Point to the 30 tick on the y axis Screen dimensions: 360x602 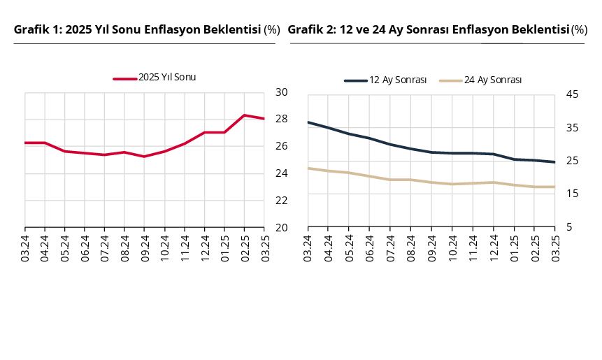click(x=282, y=92)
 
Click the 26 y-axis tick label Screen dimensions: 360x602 click(x=282, y=146)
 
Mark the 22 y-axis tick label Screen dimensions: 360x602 click(x=282, y=201)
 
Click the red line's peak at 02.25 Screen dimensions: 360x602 click(x=244, y=115)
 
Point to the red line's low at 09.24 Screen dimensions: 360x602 click(x=144, y=157)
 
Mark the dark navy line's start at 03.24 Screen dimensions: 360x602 click(x=308, y=122)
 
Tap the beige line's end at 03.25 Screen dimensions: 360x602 click(x=554, y=187)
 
